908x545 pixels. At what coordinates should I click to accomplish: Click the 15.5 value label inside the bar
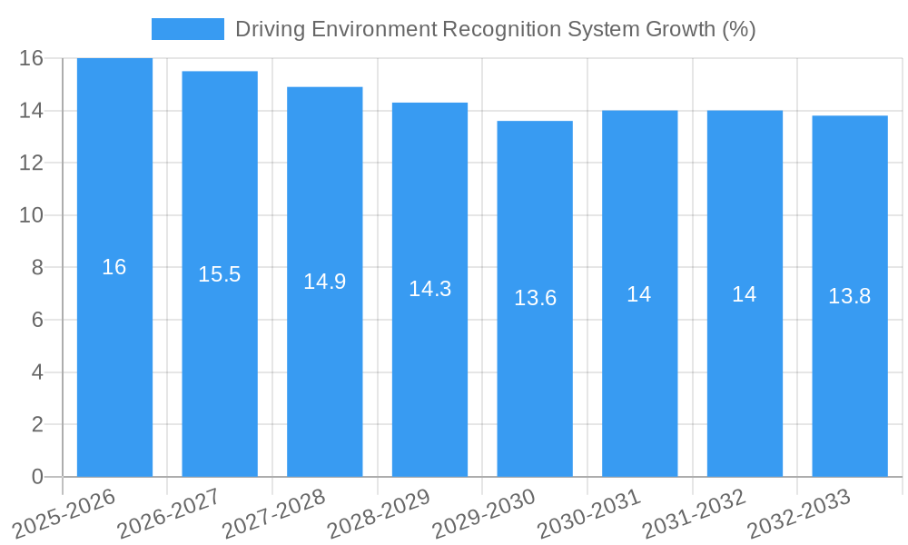[x=220, y=274]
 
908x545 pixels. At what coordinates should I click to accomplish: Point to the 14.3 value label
[x=429, y=289]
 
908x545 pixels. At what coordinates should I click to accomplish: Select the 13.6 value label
[x=535, y=298]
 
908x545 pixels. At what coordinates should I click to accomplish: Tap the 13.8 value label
[x=850, y=296]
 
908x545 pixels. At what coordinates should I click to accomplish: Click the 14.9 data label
[x=325, y=282]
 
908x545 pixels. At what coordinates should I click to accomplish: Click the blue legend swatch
[x=188, y=29]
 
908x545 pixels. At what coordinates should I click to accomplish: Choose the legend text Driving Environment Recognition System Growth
[x=495, y=29]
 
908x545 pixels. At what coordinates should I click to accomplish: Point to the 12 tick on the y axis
[x=32, y=163]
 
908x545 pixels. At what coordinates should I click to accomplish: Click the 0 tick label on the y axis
[x=37, y=477]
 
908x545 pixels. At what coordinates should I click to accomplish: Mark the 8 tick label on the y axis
[x=37, y=268]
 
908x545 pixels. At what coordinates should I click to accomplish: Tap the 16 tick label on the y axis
[x=32, y=59]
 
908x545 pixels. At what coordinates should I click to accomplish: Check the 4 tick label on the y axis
[x=37, y=372]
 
